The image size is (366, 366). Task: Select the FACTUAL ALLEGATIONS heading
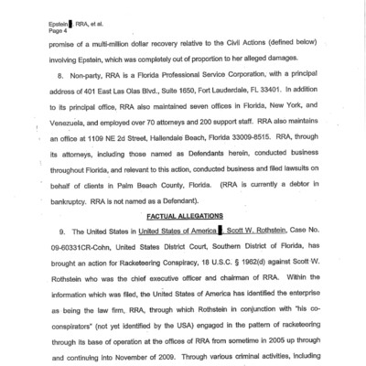tap(184, 212)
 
